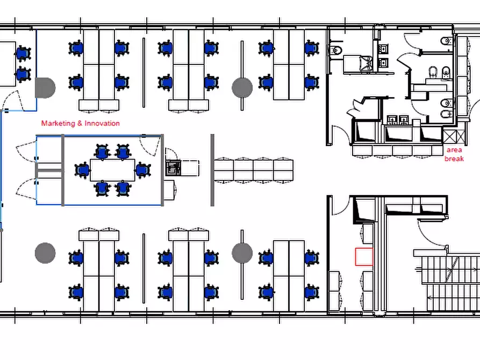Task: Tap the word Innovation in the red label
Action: click(102, 124)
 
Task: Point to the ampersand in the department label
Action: click(80, 124)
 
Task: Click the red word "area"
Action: click(454, 150)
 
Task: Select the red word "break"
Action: click(454, 159)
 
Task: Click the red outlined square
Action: click(364, 256)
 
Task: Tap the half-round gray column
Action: click(45, 88)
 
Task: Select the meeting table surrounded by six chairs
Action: click(113, 170)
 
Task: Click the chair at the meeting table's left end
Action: click(82, 170)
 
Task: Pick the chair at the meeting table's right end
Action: click(143, 170)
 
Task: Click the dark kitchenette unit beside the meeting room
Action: click(173, 168)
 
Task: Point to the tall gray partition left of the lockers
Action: click(212, 170)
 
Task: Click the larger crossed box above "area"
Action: click(450, 136)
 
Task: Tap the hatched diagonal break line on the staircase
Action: click(452, 269)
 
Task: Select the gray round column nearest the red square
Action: click(242, 253)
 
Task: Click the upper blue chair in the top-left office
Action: click(23, 53)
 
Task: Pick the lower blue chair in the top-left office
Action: click(23, 74)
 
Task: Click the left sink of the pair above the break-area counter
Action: click(392, 120)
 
